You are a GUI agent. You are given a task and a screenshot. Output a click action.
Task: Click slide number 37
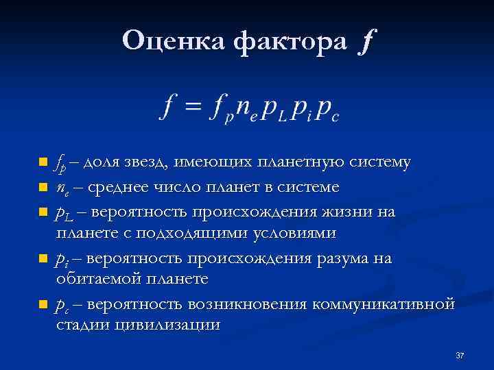click(x=459, y=356)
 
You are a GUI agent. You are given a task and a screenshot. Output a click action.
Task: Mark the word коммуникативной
click(x=383, y=303)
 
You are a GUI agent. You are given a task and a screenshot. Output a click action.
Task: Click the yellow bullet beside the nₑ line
click(x=43, y=186)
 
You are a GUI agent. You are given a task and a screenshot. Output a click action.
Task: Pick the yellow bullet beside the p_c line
click(x=43, y=304)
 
